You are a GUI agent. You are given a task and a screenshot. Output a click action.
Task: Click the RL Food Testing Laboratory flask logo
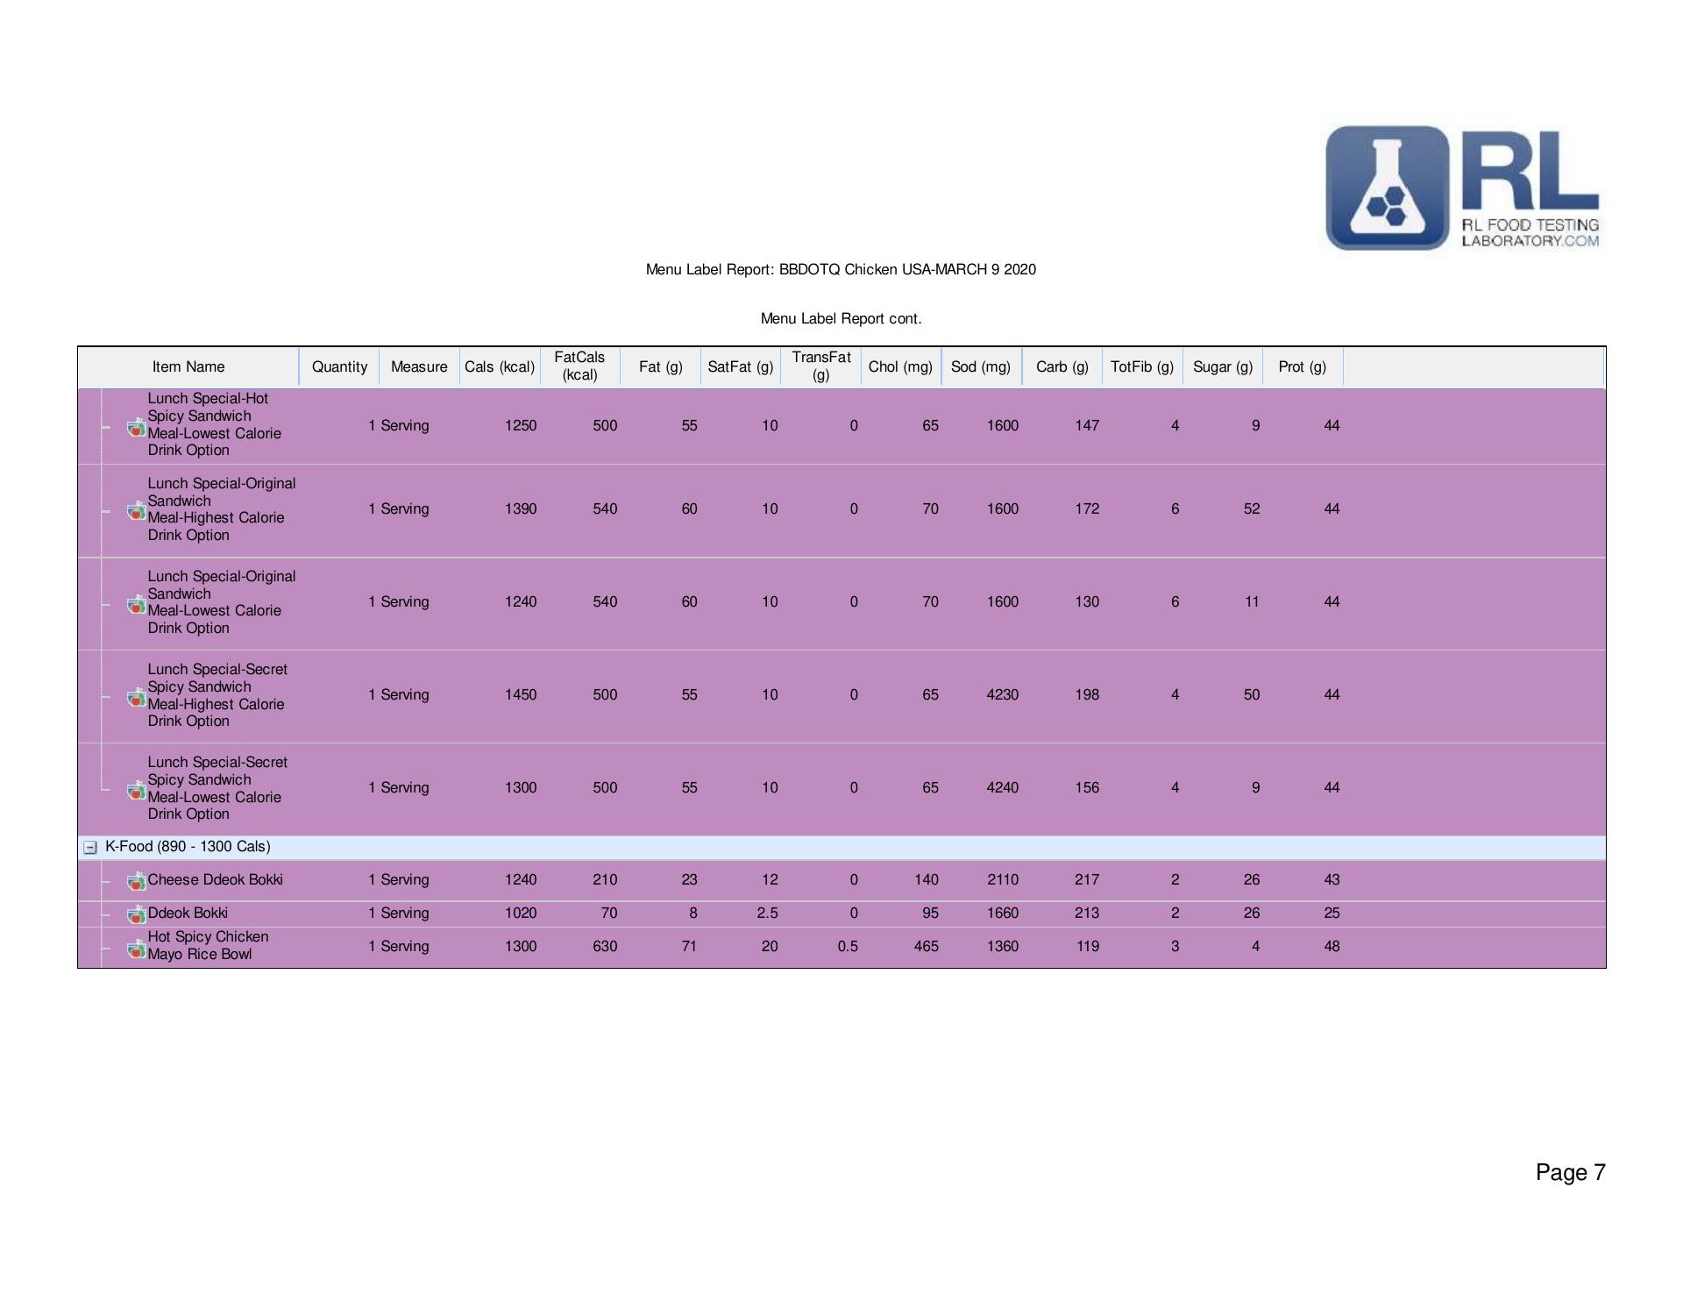click(x=1387, y=188)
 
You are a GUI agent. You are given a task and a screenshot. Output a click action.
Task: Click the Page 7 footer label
click(x=1570, y=1172)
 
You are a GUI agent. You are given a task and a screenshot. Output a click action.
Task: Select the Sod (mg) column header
click(x=980, y=366)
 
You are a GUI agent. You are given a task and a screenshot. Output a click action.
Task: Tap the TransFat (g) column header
click(x=820, y=366)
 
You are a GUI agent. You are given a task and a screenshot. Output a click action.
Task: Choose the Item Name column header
click(x=188, y=366)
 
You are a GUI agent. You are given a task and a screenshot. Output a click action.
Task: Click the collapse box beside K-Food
click(x=89, y=847)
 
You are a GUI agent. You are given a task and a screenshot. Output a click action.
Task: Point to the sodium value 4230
click(x=1002, y=694)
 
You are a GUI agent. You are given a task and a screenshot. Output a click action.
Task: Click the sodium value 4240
click(x=1002, y=787)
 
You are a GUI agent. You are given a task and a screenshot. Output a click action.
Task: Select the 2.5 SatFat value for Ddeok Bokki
click(x=767, y=913)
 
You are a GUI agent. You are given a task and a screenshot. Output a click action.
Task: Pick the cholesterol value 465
click(x=926, y=946)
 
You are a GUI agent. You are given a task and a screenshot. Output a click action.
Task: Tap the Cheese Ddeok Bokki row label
click(x=215, y=879)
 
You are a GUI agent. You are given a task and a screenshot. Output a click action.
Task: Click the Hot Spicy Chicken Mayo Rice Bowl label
click(x=208, y=945)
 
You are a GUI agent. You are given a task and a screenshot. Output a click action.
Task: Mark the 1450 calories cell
click(x=520, y=694)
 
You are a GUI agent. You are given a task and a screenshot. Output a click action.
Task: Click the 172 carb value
click(x=1086, y=508)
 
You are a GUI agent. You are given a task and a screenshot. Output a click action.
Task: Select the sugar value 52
click(x=1251, y=508)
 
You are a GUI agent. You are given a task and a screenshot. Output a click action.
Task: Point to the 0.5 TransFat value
click(x=847, y=946)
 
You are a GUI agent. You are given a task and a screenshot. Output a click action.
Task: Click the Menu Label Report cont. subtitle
click(x=841, y=318)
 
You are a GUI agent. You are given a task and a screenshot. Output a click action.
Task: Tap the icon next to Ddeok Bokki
click(x=136, y=914)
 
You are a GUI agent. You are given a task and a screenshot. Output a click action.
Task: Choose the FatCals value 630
click(x=604, y=946)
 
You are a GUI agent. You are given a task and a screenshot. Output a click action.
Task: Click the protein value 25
click(x=1331, y=913)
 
